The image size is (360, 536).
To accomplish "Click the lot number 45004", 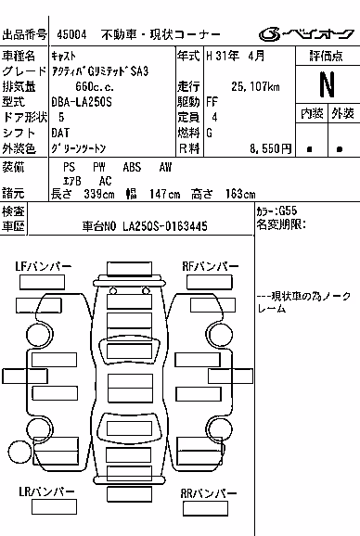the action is [71, 34].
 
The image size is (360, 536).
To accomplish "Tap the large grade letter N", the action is [328, 84].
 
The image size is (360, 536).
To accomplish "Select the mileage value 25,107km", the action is [255, 86].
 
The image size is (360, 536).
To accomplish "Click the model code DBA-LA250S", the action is [82, 102].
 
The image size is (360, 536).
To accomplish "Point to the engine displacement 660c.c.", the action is [95, 86].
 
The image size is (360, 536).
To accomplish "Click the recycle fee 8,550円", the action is [270, 148].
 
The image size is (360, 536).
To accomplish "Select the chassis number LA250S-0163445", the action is [165, 226].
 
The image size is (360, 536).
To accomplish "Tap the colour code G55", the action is [288, 211].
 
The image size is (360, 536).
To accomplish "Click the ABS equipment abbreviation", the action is [132, 167].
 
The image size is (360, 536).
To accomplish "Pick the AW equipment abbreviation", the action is [165, 167].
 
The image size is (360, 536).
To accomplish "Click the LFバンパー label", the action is [43, 267].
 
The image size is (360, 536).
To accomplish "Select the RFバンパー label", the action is [211, 267].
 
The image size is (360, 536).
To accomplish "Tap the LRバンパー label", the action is [46, 491].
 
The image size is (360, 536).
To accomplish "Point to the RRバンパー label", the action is [209, 493].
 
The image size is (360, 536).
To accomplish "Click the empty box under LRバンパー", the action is [54, 507].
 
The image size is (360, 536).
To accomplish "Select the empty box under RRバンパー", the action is [205, 508].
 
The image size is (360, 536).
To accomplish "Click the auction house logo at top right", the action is [306, 34].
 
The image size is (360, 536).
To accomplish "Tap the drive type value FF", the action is [212, 102].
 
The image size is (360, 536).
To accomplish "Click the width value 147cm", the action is [164, 194].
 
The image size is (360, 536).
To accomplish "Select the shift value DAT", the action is [60, 133].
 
